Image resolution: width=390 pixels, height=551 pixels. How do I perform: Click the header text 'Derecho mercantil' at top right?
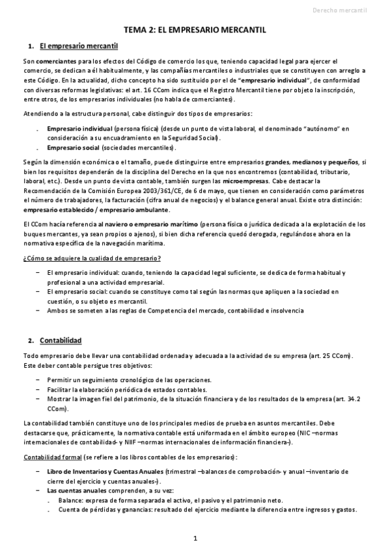coord(349,10)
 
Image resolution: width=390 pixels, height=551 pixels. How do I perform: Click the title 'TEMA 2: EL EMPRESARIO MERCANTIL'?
coord(195,30)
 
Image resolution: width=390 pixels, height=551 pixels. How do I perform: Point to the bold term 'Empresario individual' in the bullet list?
coord(80,129)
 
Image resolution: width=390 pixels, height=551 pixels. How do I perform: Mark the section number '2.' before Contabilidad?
coord(31,340)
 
